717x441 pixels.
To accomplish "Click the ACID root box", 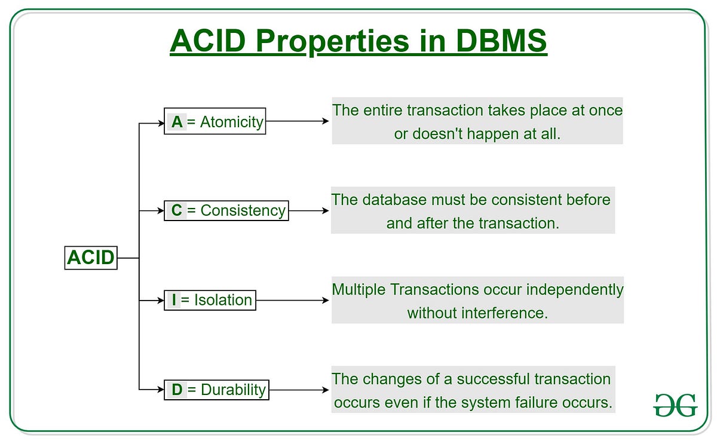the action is (x=91, y=258).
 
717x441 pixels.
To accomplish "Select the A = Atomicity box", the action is (x=215, y=121).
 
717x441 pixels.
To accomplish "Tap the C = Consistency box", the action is (x=226, y=210).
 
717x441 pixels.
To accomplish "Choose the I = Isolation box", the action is (x=210, y=300).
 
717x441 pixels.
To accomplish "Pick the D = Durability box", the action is (x=216, y=390).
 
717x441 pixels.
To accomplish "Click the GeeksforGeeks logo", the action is (x=675, y=405).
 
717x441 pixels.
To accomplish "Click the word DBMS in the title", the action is (x=501, y=41).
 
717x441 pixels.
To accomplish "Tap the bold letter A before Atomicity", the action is (x=177, y=122).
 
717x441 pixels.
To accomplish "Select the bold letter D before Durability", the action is (x=177, y=390).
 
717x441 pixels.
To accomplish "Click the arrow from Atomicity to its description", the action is (x=298, y=121).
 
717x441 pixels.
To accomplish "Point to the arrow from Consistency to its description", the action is (x=309, y=210).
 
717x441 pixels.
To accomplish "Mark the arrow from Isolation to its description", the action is (x=293, y=300).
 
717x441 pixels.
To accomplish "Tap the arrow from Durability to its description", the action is (x=299, y=390).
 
